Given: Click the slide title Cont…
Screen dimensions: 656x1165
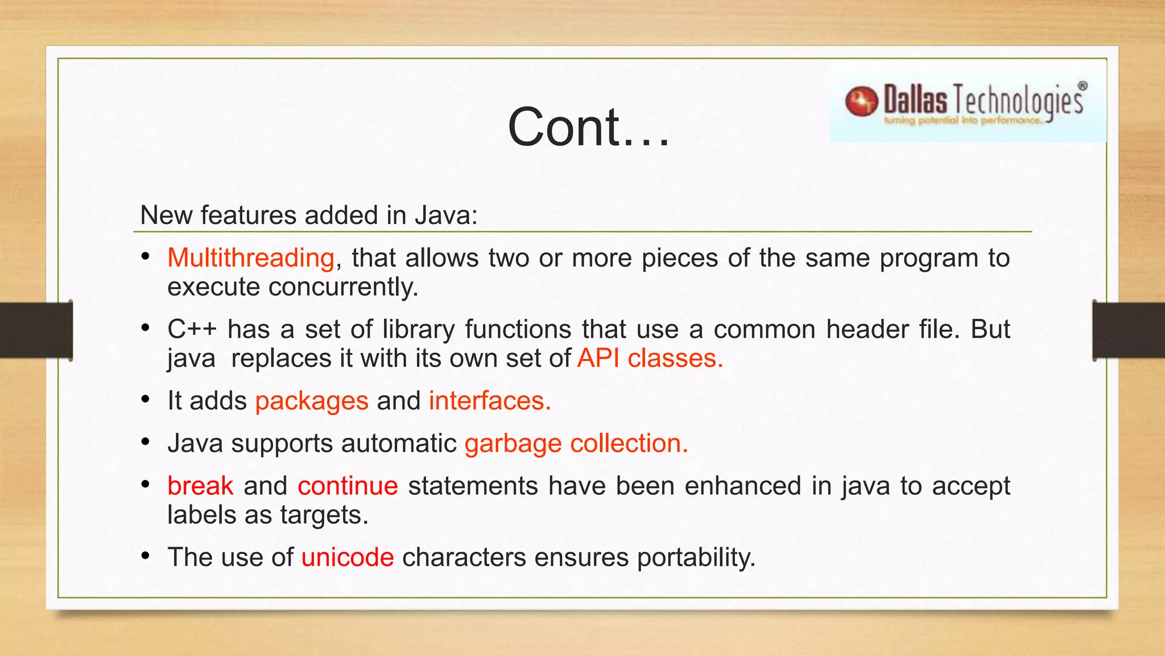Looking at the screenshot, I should pyautogui.click(x=589, y=128).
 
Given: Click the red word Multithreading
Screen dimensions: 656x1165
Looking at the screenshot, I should pyautogui.click(x=251, y=258).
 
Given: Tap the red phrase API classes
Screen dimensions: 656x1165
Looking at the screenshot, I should pyautogui.click(x=650, y=358).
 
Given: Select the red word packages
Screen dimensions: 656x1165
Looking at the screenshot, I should pyautogui.click(x=312, y=401).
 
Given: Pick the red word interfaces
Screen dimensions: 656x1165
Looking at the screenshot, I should pyautogui.click(x=489, y=401).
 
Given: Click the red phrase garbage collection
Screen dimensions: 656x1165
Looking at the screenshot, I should pyautogui.click(x=576, y=443).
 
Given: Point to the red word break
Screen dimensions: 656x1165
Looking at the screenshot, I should pyautogui.click(x=200, y=486).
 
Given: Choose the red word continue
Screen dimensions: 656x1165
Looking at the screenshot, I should pyautogui.click(x=348, y=486).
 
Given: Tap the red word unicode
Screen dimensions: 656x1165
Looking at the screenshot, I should pyautogui.click(x=348, y=557).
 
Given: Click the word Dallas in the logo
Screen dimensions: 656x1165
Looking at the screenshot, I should pyautogui.click(x=915, y=100).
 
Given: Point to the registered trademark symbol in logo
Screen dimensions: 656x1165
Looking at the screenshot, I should pyautogui.click(x=1082, y=86).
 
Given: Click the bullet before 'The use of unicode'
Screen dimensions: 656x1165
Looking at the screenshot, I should pyautogui.click(x=146, y=555).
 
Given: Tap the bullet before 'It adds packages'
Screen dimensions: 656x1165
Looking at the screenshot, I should pyautogui.click(x=146, y=399).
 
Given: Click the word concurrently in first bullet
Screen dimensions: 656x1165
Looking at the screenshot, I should pyautogui.click(x=343, y=287).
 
